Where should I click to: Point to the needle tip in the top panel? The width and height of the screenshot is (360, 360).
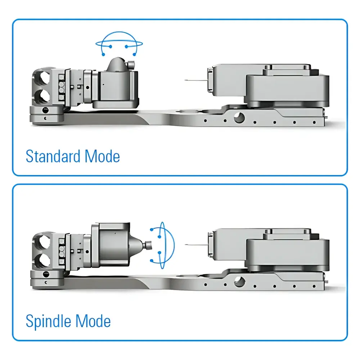tap(186, 80)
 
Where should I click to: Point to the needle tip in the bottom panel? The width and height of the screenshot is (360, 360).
tap(186, 245)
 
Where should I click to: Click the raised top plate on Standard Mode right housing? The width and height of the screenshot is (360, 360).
tap(286, 70)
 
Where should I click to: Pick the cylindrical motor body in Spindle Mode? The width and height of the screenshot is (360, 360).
tap(113, 245)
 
